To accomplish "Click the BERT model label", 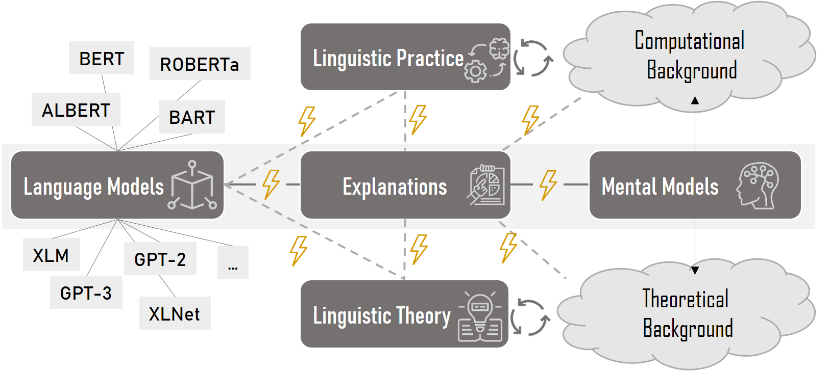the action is (x=102, y=59).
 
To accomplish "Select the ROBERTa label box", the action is (x=200, y=64).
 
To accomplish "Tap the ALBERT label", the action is (x=76, y=110).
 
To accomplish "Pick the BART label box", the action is (x=192, y=117).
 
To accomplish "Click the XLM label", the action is (x=51, y=255).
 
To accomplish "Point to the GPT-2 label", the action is (x=160, y=259).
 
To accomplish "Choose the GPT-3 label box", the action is (x=86, y=293).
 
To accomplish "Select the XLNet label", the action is (x=175, y=313).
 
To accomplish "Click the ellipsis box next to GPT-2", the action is (x=233, y=263).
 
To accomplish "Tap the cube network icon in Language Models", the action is (x=192, y=185).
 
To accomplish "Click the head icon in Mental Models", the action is (x=758, y=185).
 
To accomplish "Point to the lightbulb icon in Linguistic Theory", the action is (x=480, y=316).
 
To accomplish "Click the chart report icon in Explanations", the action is (x=486, y=185).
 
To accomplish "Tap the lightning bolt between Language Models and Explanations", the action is (x=271, y=184).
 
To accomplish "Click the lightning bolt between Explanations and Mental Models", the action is (x=548, y=184).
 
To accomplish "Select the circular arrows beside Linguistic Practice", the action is (x=533, y=58).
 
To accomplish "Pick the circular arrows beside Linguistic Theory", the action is (x=530, y=317).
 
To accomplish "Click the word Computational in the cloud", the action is (x=689, y=41).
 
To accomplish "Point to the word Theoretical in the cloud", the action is (x=685, y=299).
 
